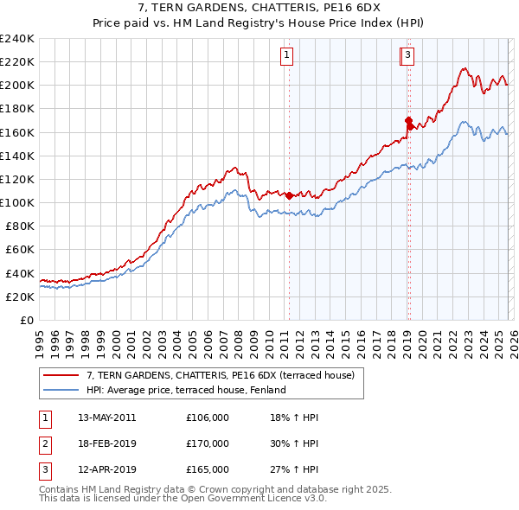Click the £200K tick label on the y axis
[x=17, y=86]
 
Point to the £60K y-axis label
[x=20, y=250]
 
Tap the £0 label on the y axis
[x=27, y=320]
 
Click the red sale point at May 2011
[x=289, y=195]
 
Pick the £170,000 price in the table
[x=207, y=443]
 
